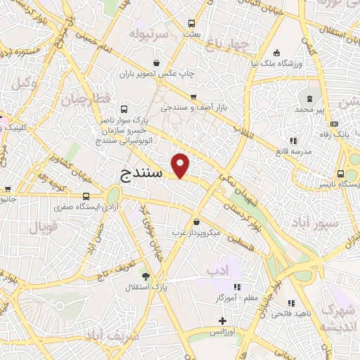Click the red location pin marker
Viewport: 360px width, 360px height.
coord(181,165)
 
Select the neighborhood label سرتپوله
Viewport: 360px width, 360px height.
coord(149,34)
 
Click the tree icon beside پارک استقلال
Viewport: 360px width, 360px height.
coord(146,276)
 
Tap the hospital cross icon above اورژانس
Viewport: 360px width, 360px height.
coord(223,321)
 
